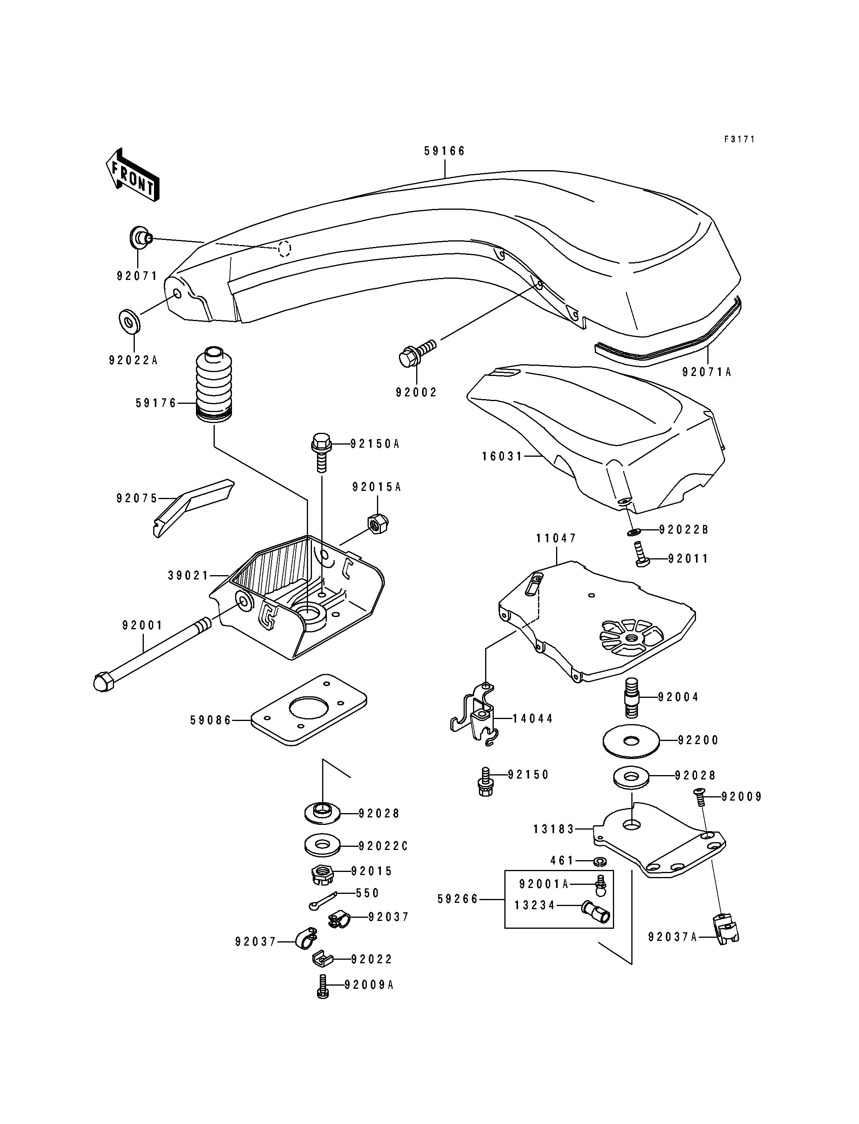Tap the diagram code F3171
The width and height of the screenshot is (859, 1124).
739,139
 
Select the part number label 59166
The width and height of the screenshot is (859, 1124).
445,151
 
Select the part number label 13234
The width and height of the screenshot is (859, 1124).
535,905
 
